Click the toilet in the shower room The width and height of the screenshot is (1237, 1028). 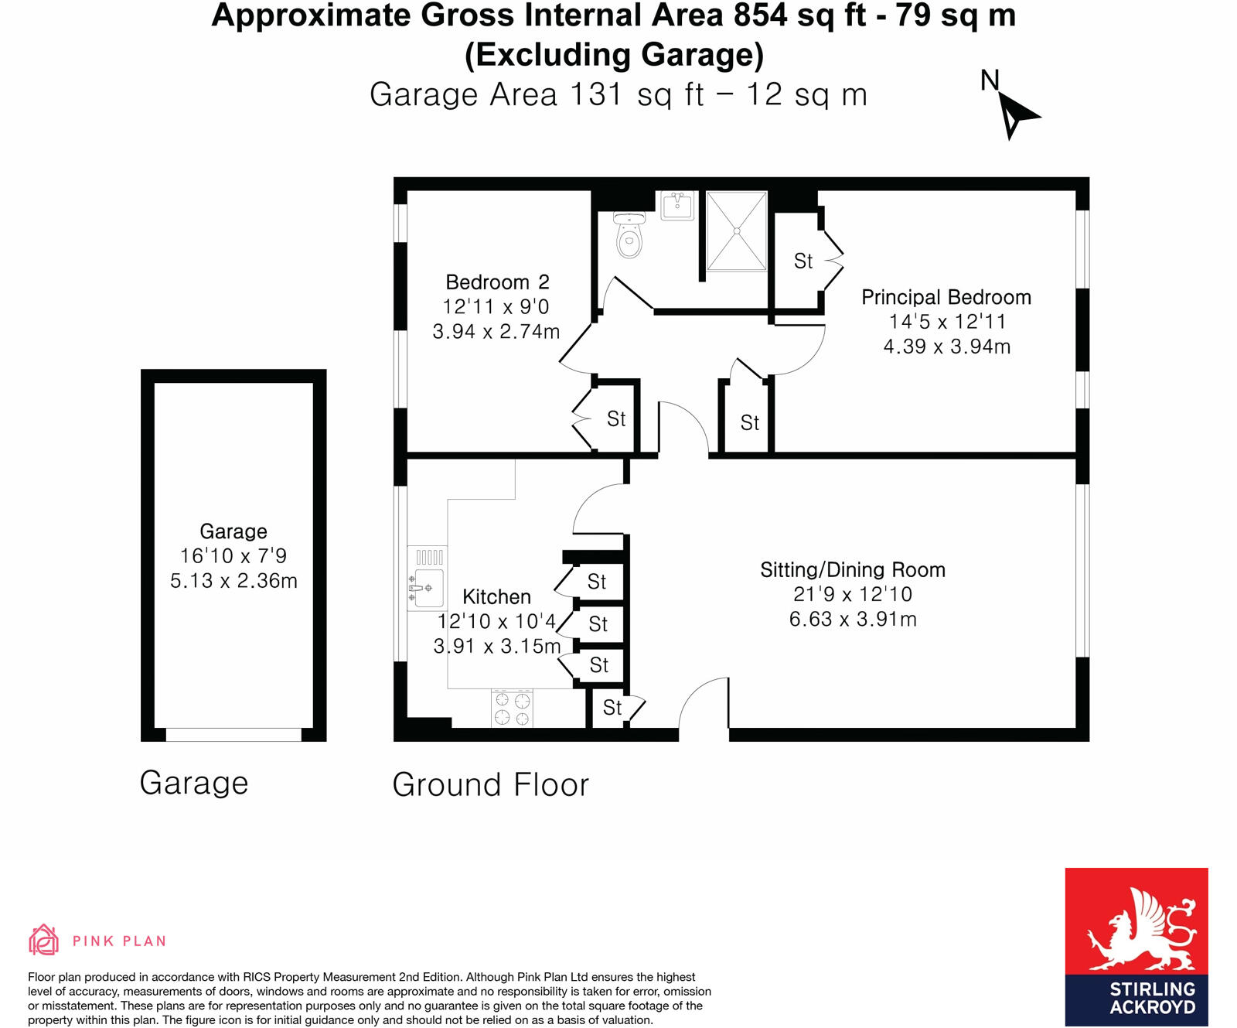630,237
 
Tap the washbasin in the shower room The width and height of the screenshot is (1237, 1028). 678,206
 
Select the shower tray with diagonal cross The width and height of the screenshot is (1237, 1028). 737,231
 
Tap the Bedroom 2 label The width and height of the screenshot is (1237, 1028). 497,282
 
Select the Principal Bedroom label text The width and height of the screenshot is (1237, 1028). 946,297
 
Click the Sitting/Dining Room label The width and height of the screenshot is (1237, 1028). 853,570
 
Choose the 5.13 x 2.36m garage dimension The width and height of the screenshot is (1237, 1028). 233,581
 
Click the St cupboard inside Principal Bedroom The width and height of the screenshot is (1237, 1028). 803,261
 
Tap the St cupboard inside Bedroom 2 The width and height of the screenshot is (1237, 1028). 616,419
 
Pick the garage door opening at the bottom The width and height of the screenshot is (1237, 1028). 233,735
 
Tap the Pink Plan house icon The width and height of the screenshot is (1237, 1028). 43,940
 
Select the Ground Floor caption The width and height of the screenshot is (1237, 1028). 490,785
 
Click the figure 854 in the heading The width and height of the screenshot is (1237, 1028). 761,15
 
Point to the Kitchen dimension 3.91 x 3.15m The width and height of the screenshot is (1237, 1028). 497,646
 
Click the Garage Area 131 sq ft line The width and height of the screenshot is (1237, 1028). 618,94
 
